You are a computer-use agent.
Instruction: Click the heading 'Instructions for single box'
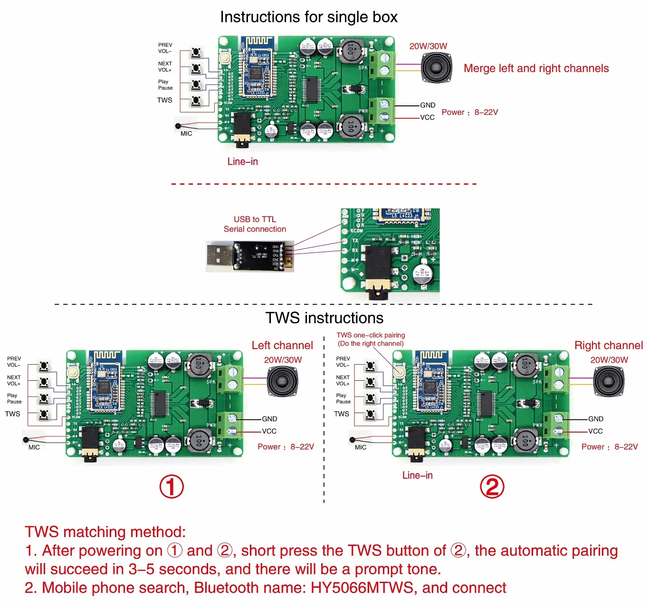pyautogui.click(x=309, y=17)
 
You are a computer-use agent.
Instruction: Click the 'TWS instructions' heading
pyautogui.click(x=324, y=318)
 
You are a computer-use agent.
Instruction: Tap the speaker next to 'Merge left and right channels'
pyautogui.click(x=436, y=67)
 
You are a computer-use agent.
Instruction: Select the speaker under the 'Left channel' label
pyautogui.click(x=282, y=381)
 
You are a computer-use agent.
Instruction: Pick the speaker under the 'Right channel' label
pyautogui.click(x=609, y=381)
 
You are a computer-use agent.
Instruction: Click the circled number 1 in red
pyautogui.click(x=172, y=487)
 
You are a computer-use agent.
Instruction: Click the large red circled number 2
pyautogui.click(x=492, y=487)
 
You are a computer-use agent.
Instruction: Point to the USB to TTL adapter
pyautogui.click(x=249, y=256)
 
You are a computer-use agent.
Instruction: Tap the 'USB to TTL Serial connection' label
pyautogui.click(x=255, y=224)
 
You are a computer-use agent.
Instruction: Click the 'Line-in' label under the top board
pyautogui.click(x=242, y=161)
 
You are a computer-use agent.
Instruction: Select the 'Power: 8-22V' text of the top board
pyautogui.click(x=469, y=113)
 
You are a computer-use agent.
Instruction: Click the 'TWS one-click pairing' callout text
pyautogui.click(x=371, y=335)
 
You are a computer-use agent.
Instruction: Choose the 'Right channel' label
pyautogui.click(x=608, y=345)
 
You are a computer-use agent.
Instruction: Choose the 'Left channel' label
pyautogui.click(x=282, y=345)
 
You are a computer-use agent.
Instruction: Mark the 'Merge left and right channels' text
pyautogui.click(x=536, y=68)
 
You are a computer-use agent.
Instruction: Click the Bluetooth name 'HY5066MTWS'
pyautogui.click(x=362, y=588)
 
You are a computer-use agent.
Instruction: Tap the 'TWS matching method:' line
pyautogui.click(x=105, y=532)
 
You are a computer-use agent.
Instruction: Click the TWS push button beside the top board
pyautogui.click(x=196, y=101)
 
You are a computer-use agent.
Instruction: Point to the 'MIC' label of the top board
pyautogui.click(x=186, y=134)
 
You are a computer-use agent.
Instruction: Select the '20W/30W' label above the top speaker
pyautogui.click(x=428, y=46)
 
